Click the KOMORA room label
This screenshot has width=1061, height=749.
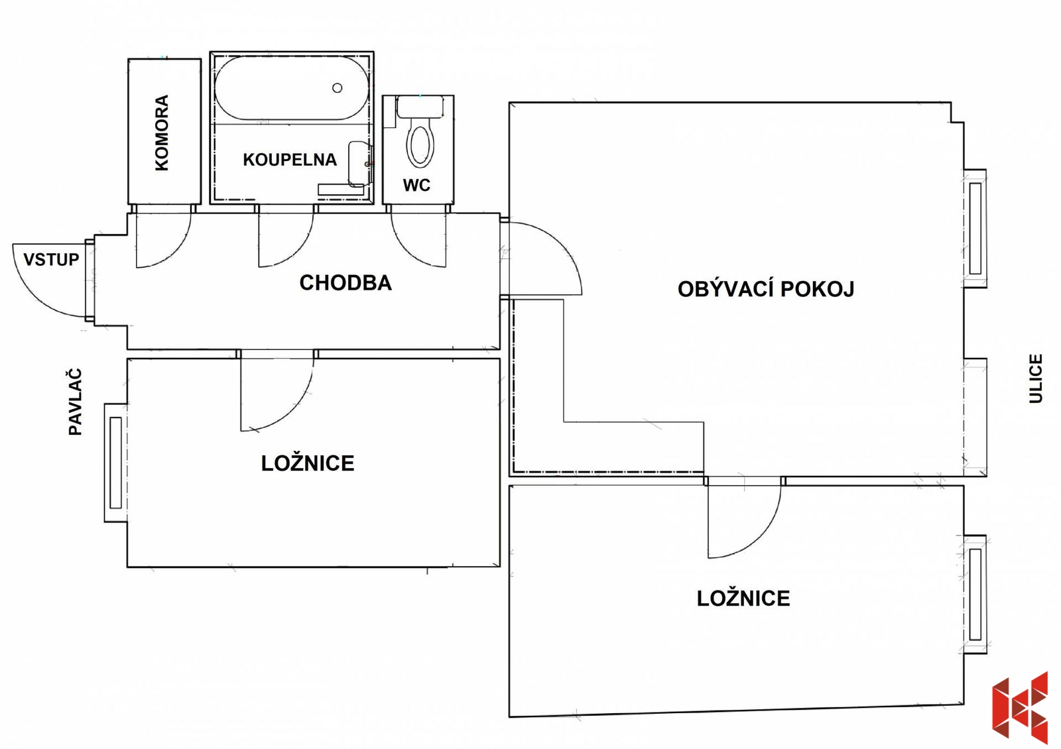tap(162, 133)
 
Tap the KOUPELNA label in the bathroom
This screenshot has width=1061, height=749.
tap(290, 160)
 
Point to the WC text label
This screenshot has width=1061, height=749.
tap(417, 185)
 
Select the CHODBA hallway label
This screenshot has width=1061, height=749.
tap(345, 282)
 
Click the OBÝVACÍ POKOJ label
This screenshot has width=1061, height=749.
tap(766, 289)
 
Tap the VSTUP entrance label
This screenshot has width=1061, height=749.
tap(51, 259)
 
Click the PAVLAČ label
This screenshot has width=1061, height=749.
tap(76, 402)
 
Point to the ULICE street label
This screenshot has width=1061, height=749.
tap(1036, 378)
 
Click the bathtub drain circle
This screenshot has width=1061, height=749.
tap(338, 87)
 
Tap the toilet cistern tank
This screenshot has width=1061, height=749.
tap(420, 107)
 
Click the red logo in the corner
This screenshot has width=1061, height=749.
tap(1020, 708)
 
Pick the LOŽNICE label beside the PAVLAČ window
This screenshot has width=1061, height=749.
tap(308, 463)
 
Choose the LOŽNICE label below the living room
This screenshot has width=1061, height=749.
tap(743, 599)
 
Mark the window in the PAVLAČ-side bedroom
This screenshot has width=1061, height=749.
tap(115, 463)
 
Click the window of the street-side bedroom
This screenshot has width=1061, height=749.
tap(975, 594)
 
